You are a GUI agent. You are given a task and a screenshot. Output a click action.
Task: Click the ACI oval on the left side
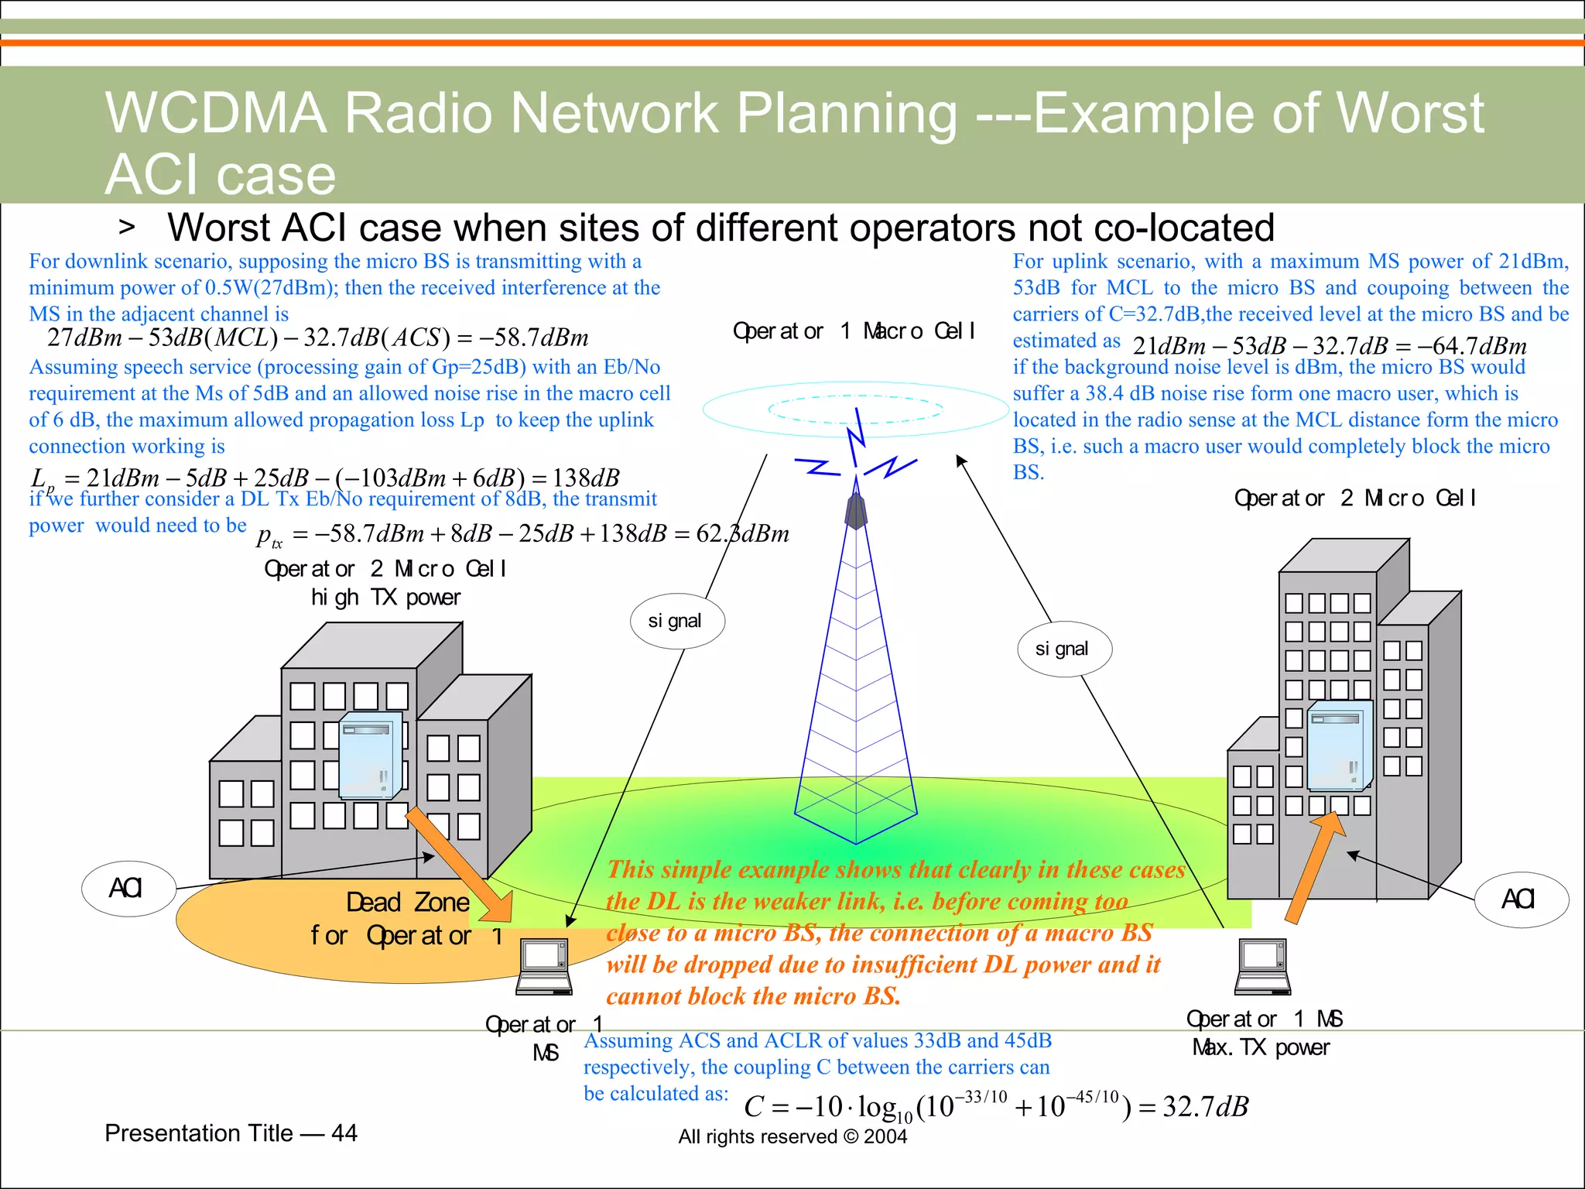[128, 888]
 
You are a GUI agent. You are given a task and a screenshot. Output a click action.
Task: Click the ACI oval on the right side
[1521, 899]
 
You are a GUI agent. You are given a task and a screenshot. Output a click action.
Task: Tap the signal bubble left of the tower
[676, 621]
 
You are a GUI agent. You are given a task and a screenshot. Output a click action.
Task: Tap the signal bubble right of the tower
[1063, 649]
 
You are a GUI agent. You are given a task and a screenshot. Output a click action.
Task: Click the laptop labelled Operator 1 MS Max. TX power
[1262, 967]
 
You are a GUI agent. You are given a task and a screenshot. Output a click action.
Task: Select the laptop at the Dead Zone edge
[544, 967]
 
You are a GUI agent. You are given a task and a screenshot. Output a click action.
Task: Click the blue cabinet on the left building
[370, 756]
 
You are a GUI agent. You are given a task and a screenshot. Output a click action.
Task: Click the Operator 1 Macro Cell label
[854, 331]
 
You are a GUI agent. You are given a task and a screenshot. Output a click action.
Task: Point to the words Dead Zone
[407, 903]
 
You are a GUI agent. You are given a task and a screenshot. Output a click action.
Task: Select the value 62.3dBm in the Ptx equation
[742, 533]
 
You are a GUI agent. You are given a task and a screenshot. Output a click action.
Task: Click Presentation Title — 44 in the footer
[231, 1133]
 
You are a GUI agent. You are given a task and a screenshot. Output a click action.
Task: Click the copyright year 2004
[885, 1136]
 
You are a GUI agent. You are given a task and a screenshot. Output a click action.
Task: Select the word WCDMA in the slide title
[215, 113]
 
